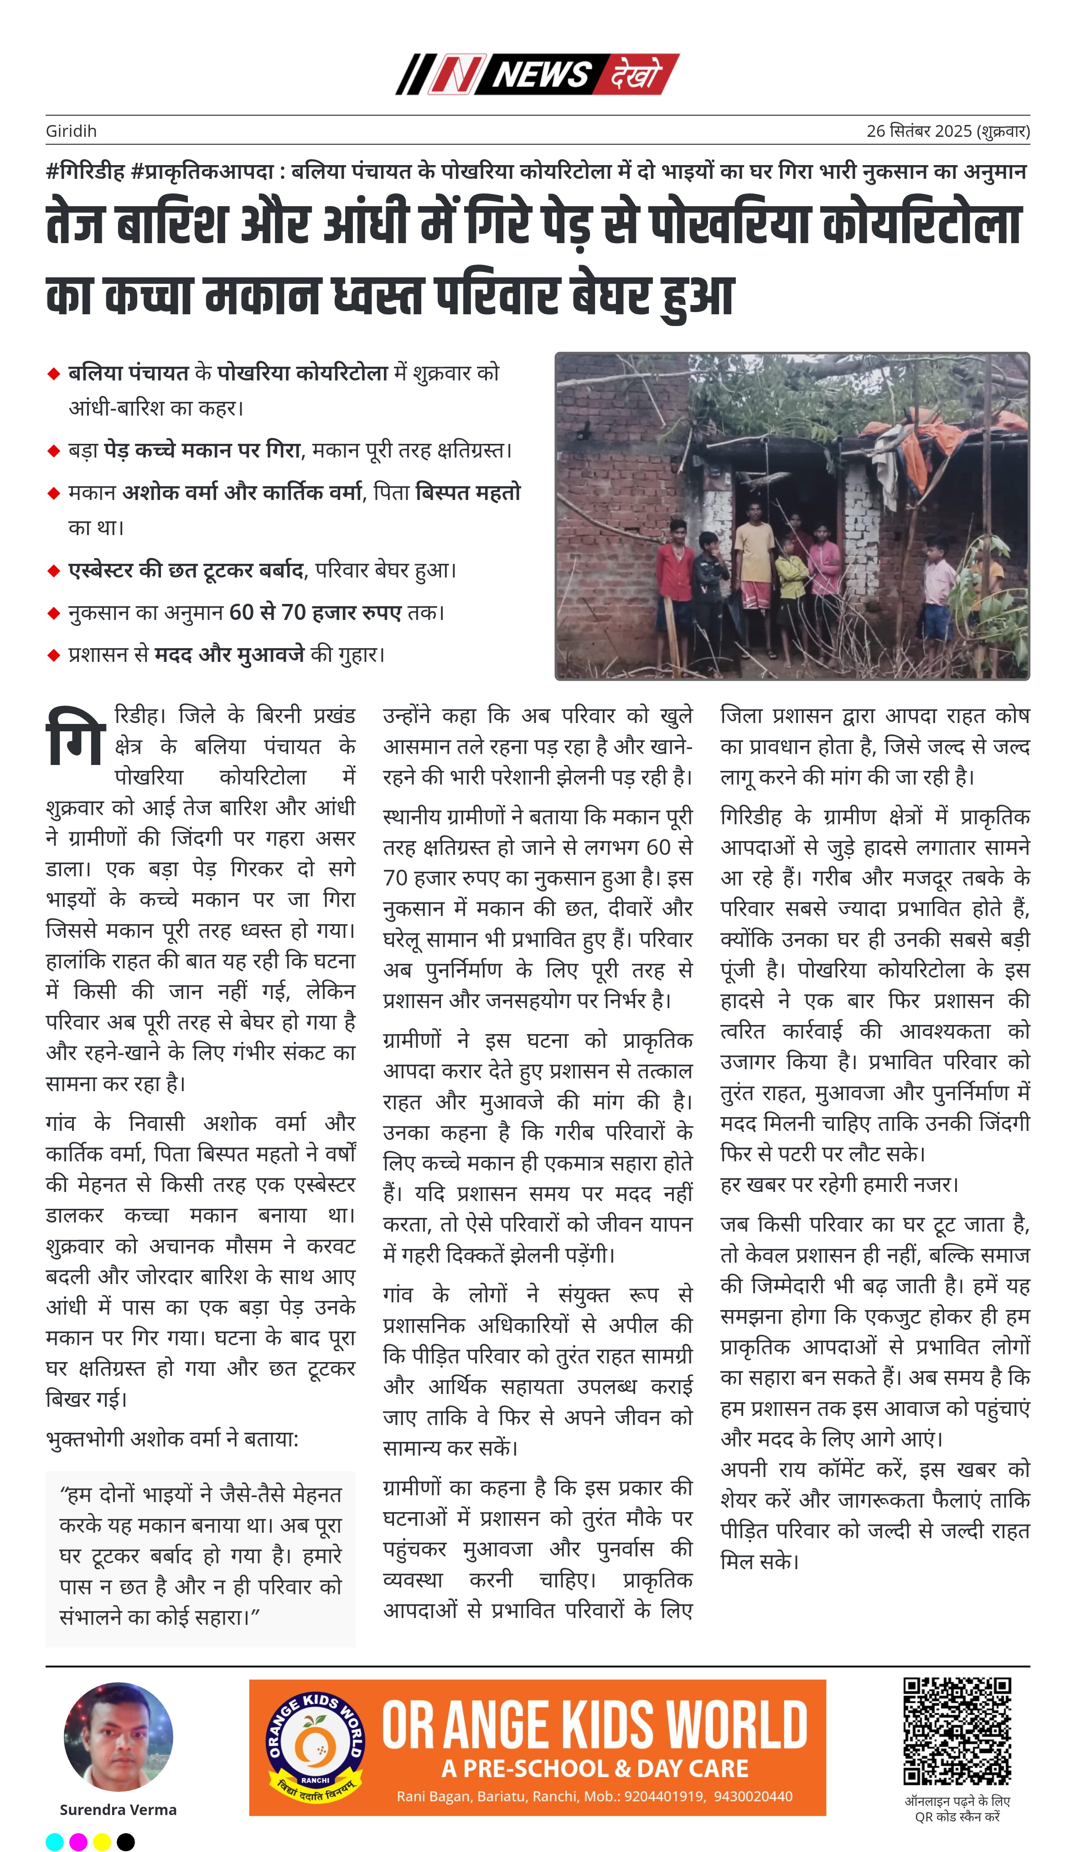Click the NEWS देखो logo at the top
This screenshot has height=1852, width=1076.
coord(537,74)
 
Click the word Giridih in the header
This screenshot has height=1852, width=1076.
coord(71,131)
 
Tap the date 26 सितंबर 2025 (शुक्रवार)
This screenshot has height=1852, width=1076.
coord(947,131)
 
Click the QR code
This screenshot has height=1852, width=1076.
coord(957,1731)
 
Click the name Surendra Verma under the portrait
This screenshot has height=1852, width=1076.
coord(118,1810)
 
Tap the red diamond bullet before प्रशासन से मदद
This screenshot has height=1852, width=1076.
coord(54,655)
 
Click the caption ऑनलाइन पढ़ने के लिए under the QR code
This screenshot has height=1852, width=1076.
coord(957,1801)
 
